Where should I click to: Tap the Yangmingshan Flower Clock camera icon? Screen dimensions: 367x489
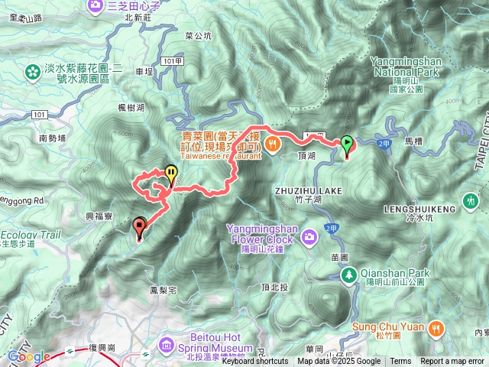click(x=309, y=234)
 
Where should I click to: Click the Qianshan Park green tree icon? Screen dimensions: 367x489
click(x=349, y=274)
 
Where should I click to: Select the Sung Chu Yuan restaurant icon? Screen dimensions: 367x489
click(x=436, y=327)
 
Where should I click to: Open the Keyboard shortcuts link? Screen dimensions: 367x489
click(x=254, y=362)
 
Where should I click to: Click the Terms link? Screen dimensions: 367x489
click(x=400, y=362)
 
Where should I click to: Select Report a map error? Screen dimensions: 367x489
click(x=452, y=362)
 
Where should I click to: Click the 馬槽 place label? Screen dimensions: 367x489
click(x=414, y=141)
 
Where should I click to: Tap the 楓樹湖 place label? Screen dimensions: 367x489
click(x=131, y=108)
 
